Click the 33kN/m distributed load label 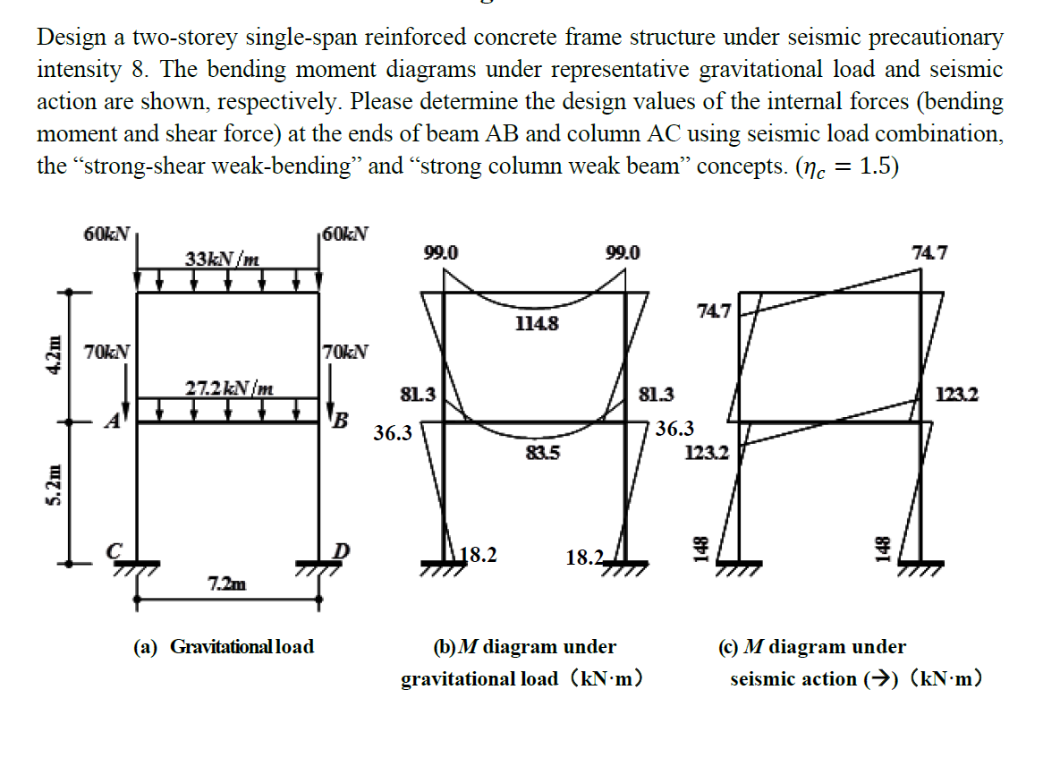coord(223,260)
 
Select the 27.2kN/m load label coord(230,388)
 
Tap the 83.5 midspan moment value coord(544,453)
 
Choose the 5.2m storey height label coord(55,491)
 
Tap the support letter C coord(114,551)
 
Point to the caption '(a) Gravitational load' coord(224,646)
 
